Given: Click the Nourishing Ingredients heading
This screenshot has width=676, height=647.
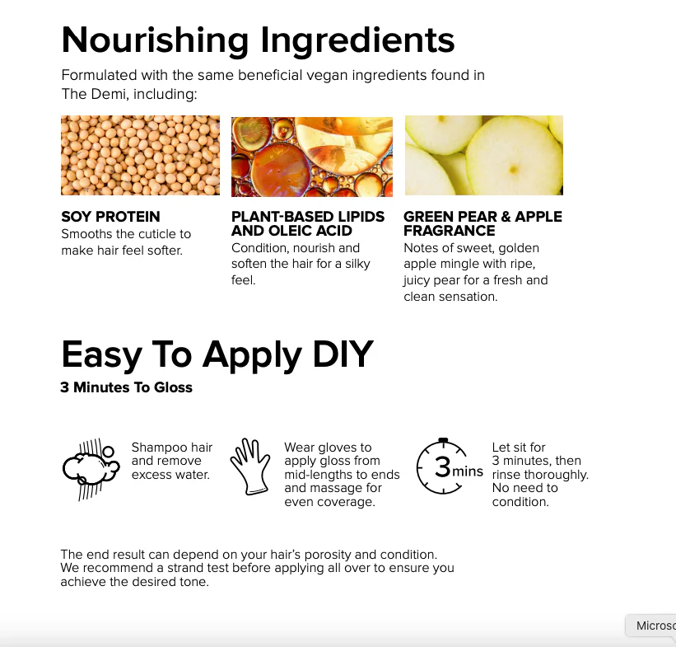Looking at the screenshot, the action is pyautogui.click(x=258, y=41).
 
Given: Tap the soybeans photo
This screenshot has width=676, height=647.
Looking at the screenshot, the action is pyautogui.click(x=140, y=156).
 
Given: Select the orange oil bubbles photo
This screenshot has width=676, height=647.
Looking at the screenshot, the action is pyautogui.click(x=312, y=157).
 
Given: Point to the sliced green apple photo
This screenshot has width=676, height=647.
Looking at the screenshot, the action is pyautogui.click(x=483, y=156).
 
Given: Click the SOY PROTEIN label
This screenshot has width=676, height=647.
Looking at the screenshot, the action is pyautogui.click(x=110, y=216).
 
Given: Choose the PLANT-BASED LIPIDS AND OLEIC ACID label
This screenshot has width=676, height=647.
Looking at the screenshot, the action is pyautogui.click(x=308, y=223).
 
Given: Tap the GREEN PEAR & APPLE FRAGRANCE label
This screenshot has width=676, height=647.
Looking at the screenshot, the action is pyautogui.click(x=483, y=223).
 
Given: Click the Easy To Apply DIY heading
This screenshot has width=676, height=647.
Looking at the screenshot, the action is pyautogui.click(x=217, y=354).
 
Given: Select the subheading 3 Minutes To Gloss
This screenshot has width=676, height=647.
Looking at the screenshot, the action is pyautogui.click(x=126, y=387).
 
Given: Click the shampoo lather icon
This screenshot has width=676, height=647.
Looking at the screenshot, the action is pyautogui.click(x=91, y=469).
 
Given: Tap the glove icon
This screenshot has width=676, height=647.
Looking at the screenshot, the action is pyautogui.click(x=250, y=466).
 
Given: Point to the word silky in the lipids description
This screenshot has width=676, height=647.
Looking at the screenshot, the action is pyautogui.click(x=357, y=264).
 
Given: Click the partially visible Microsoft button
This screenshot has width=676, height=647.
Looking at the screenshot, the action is pyautogui.click(x=651, y=626).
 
